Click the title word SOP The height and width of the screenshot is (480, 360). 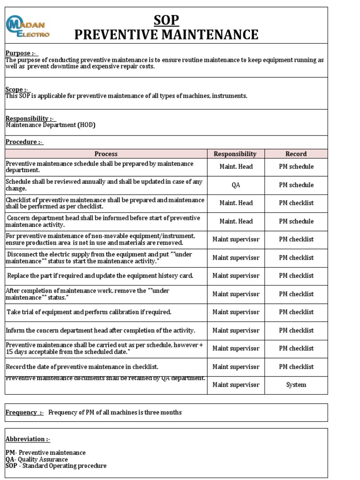tap(166, 20)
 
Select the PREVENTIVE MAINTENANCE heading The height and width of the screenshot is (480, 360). tap(166, 35)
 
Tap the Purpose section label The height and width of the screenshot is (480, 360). tap(21, 53)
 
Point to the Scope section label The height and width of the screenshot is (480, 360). tap(17, 89)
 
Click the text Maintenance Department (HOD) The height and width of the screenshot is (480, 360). tap(51, 125)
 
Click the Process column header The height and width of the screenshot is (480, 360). tap(106, 154)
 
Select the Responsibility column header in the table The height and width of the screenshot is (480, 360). tap(235, 154)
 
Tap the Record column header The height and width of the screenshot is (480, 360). tap(296, 154)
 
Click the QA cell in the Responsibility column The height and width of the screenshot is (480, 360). tap(236, 185)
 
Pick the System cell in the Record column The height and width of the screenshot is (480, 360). tap(296, 385)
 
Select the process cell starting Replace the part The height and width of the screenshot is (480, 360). tap(100, 276)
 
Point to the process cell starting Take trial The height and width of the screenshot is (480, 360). tap(89, 312)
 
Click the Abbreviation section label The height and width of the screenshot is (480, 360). tap(28, 439)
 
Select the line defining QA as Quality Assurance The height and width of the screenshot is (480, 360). tap(37, 459)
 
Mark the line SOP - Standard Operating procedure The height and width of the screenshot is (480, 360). tap(56, 466)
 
